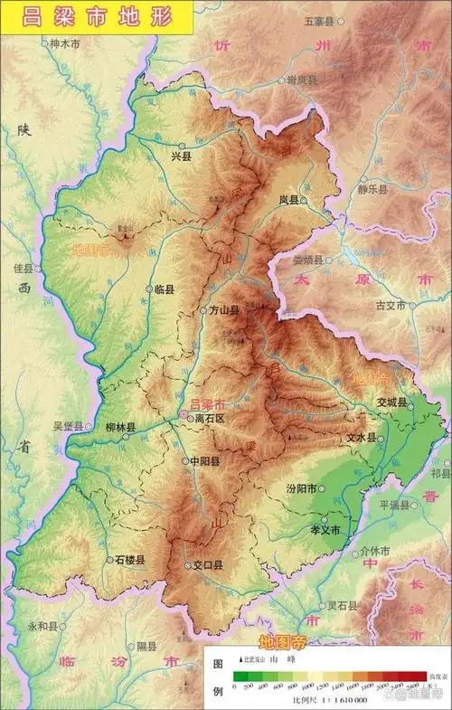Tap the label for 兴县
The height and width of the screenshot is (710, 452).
(182, 156)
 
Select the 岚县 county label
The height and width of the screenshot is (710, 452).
(288, 200)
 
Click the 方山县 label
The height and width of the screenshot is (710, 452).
(221, 310)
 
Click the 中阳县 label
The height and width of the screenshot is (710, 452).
(204, 460)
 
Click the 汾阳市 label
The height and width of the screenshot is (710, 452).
(301, 488)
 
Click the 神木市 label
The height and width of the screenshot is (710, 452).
(65, 43)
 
